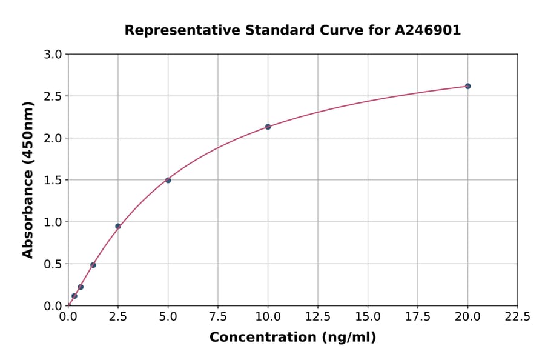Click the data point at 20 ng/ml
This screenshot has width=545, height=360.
click(x=467, y=86)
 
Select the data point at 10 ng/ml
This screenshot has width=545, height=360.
click(x=268, y=127)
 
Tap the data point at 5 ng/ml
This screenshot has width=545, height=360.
click(x=168, y=180)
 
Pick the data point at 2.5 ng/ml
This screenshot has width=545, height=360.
click(x=118, y=226)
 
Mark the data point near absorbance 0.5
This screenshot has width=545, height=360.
click(x=93, y=265)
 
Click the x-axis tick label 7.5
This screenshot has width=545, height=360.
click(x=218, y=316)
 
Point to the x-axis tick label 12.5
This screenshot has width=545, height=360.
click(x=318, y=316)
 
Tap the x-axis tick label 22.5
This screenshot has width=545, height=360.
click(x=518, y=316)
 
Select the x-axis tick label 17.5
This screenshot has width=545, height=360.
click(x=418, y=316)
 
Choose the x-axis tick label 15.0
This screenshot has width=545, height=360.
click(x=368, y=316)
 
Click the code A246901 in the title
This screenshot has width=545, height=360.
click(x=428, y=30)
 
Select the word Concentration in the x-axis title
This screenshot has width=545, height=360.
click(x=263, y=338)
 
